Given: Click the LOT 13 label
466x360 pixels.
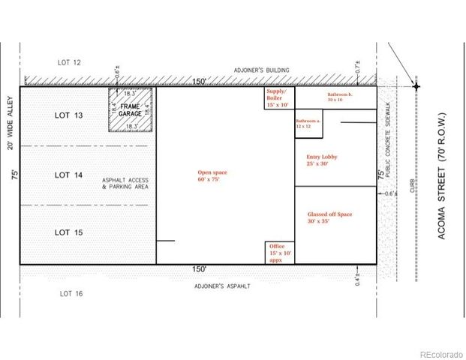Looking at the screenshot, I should [x=69, y=115].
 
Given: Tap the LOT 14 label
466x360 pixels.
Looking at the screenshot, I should [x=69, y=175].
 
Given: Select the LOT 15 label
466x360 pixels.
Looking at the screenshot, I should [x=69, y=233].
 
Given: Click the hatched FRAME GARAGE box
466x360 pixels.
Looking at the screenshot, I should [x=131, y=111].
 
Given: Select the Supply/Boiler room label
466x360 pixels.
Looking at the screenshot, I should [x=278, y=97].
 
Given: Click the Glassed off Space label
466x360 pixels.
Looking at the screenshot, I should [x=329, y=217].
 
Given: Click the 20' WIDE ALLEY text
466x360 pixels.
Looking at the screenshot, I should [x=11, y=122].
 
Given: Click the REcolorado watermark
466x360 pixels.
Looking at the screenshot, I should [x=440, y=354].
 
